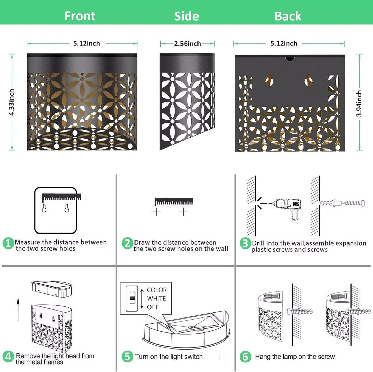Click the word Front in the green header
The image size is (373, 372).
[x=80, y=16]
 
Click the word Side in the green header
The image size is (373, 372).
[x=186, y=16]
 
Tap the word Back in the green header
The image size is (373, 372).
[x=288, y=16]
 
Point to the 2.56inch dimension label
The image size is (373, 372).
[x=187, y=44]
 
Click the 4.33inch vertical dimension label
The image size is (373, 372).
[x=12, y=102]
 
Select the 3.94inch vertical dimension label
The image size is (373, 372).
[x=359, y=103]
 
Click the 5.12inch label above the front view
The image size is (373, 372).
[x=86, y=43]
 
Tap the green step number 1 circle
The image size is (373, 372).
[x=8, y=243]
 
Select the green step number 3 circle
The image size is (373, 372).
[x=245, y=243]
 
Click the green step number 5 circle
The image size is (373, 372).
[x=127, y=356]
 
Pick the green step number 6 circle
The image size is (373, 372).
[x=245, y=356]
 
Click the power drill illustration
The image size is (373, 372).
[x=287, y=208]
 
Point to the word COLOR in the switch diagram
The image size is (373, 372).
[x=157, y=290]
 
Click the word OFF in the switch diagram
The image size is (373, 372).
[x=153, y=307]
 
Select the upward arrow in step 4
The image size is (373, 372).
[x=18, y=309]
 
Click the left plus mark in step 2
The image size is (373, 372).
[x=156, y=212]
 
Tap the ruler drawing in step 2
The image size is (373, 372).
[x=174, y=202]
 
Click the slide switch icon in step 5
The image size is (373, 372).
[x=132, y=299]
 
